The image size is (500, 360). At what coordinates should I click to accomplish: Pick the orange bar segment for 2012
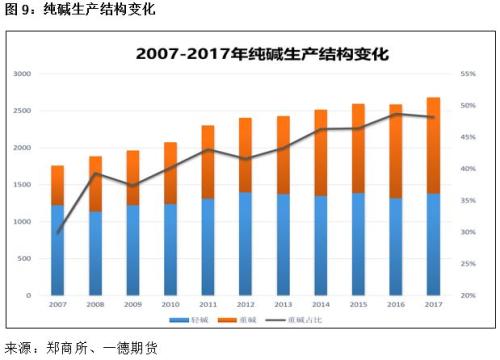tap(245, 155)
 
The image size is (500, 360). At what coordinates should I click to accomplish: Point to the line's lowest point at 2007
tap(58, 232)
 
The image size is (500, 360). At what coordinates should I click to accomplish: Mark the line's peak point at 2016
tap(395, 114)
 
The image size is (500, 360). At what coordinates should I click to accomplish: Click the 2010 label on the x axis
tap(170, 304)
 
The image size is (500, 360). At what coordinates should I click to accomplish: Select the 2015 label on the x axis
tap(358, 304)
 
